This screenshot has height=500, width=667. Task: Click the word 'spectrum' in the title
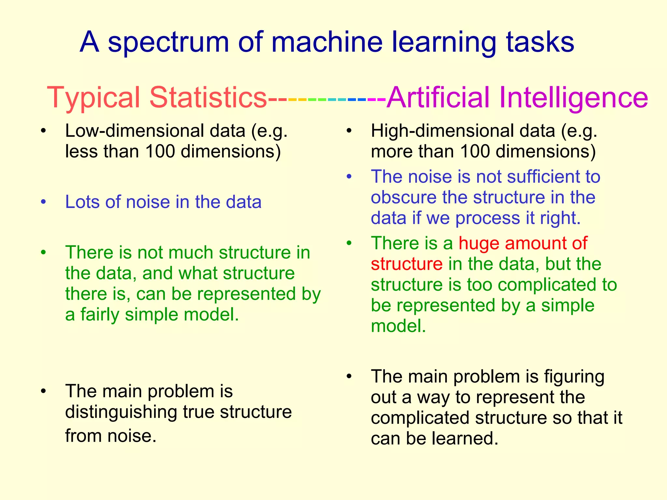click(168, 42)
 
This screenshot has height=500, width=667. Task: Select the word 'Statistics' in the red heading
click(208, 97)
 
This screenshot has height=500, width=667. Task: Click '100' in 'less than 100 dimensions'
click(160, 151)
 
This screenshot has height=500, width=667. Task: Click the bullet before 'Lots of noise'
click(44, 202)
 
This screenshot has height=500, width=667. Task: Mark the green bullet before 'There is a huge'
click(349, 243)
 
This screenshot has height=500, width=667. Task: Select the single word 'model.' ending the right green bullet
click(398, 326)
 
